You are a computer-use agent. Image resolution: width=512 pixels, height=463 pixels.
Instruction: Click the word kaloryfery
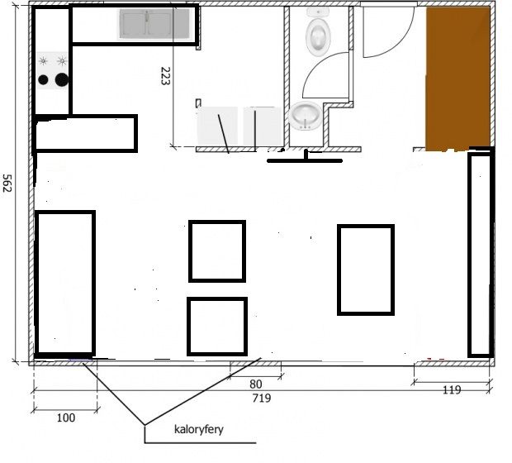tap(199, 429)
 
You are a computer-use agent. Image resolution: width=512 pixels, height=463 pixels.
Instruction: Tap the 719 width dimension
tap(262, 399)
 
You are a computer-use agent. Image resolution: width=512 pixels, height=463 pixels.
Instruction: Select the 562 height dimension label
tap(7, 183)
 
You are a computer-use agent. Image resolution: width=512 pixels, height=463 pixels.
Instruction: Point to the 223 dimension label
tap(165, 76)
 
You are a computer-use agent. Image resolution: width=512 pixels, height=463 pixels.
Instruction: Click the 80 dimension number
tap(256, 384)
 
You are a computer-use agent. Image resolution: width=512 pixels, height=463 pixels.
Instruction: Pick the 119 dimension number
tap(452, 389)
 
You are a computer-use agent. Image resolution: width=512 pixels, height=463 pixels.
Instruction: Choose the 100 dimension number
tap(66, 418)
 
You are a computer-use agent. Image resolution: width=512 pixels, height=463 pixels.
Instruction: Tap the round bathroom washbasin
tap(305, 116)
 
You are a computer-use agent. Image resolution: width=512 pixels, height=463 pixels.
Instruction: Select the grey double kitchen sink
tap(154, 23)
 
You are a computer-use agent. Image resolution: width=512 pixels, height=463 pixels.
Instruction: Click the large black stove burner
tap(62, 79)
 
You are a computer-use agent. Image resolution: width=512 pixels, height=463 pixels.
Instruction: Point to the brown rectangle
tap(457, 79)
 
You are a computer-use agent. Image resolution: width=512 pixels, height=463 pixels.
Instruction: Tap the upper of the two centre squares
tap(217, 251)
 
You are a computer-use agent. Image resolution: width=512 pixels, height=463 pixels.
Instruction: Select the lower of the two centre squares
tap(217, 327)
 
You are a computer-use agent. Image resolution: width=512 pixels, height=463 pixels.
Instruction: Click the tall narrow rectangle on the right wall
tap(481, 255)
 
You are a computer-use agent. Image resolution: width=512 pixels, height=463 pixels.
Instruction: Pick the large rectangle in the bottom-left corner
tap(65, 284)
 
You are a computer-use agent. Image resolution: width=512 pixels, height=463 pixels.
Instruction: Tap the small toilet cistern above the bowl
tap(319, 12)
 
